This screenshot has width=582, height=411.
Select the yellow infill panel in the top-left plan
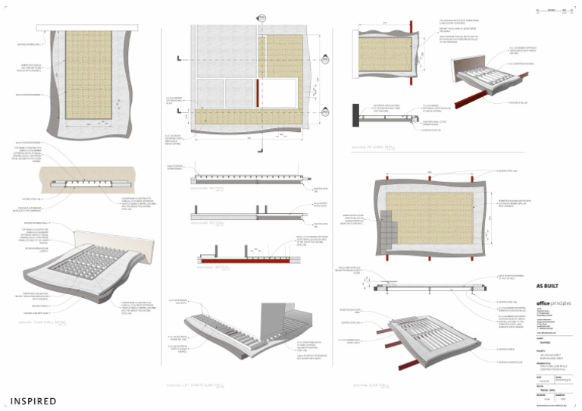tap(89, 76)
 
